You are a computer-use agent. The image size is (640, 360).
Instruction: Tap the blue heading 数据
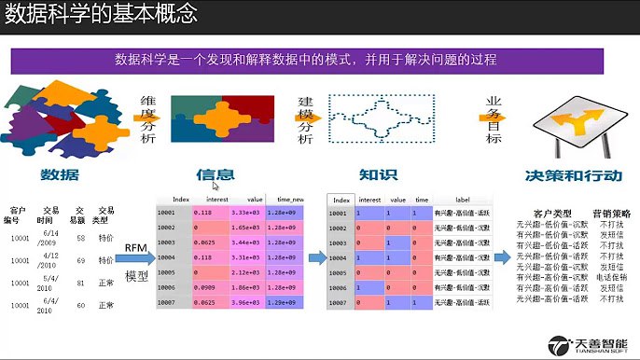point(59,174)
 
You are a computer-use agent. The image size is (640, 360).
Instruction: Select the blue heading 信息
point(215,174)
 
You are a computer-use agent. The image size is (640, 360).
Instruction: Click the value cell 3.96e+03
point(245,303)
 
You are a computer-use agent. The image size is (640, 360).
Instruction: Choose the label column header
point(462,200)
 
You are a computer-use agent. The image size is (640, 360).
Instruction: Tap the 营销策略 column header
point(611,214)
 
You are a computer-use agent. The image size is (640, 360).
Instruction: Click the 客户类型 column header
point(551,214)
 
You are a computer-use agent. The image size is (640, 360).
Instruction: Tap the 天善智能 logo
point(589,345)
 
